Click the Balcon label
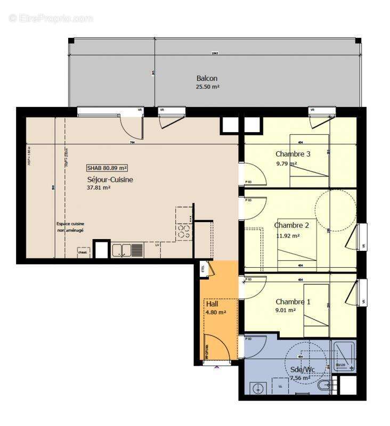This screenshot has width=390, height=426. [x=207, y=78]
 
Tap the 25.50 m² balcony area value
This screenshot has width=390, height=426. [x=208, y=87]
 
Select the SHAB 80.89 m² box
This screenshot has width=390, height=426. [x=107, y=167]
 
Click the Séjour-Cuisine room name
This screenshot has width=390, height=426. [x=110, y=180]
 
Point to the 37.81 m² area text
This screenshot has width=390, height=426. [x=98, y=188]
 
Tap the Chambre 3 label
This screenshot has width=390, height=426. [x=292, y=154]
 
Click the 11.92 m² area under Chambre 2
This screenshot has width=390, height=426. [x=288, y=235]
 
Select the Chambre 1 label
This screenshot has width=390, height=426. [x=292, y=302]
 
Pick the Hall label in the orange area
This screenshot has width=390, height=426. [x=212, y=304]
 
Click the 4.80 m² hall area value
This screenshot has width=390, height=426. [x=216, y=312]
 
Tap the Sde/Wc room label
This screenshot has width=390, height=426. [x=303, y=370]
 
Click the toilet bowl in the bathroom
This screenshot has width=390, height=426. [x=324, y=385]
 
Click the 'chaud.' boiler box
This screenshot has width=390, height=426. [x=84, y=252]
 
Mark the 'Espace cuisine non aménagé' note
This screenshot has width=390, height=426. [x=71, y=227]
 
